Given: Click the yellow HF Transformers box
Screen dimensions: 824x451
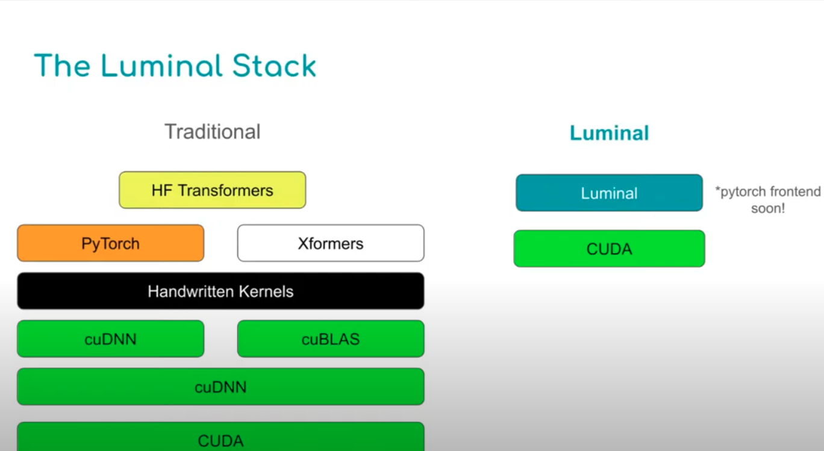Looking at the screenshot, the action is point(212,190).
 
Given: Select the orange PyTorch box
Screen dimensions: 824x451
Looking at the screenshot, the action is point(110,243).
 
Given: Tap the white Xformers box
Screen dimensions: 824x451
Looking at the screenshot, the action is point(331,243).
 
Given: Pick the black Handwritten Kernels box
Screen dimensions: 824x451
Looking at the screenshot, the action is point(220,291).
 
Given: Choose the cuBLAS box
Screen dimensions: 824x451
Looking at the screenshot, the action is point(331,339).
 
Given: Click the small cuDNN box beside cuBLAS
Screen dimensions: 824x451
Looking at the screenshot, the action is point(110,339).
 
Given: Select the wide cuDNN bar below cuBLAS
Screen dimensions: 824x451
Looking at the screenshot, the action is point(220,387).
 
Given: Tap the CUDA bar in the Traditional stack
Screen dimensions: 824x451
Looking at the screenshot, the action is point(220,437).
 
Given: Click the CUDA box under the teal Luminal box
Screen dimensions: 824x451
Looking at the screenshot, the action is point(609,249).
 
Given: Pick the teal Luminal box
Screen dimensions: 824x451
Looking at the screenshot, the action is point(609,193).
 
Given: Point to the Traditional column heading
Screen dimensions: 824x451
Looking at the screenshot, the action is point(212,132).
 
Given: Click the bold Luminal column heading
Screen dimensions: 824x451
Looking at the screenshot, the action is point(609,133).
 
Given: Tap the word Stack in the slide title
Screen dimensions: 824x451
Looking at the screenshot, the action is point(274,66).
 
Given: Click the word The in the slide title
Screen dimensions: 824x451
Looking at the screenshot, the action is point(62,66).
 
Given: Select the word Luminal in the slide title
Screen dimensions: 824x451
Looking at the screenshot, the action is point(161,66).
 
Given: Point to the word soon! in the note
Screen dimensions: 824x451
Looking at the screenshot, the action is point(768,208).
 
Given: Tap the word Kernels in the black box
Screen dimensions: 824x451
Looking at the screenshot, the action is point(266,291).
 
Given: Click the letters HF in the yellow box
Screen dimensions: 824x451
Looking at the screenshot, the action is point(162,190).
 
